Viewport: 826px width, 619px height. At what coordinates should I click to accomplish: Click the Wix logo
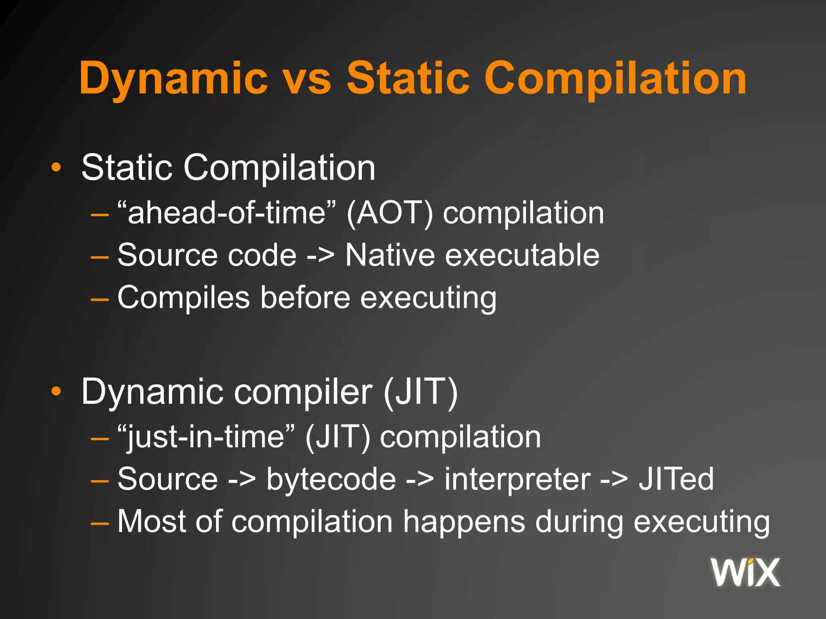(745, 572)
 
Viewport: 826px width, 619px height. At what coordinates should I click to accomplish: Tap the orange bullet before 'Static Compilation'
(56, 168)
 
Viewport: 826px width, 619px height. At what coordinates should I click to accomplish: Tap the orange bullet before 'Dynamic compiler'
(56, 391)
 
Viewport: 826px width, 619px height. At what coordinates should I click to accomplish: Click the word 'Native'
(390, 255)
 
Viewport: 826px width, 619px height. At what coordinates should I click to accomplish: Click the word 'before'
(305, 297)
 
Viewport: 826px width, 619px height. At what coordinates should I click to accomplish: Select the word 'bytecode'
(331, 479)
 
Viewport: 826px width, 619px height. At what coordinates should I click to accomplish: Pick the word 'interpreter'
(517, 479)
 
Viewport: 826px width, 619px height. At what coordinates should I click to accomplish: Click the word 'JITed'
(676, 479)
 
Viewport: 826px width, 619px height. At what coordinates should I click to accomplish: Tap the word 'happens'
(464, 522)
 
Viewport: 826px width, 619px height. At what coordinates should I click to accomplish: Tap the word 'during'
(579, 522)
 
